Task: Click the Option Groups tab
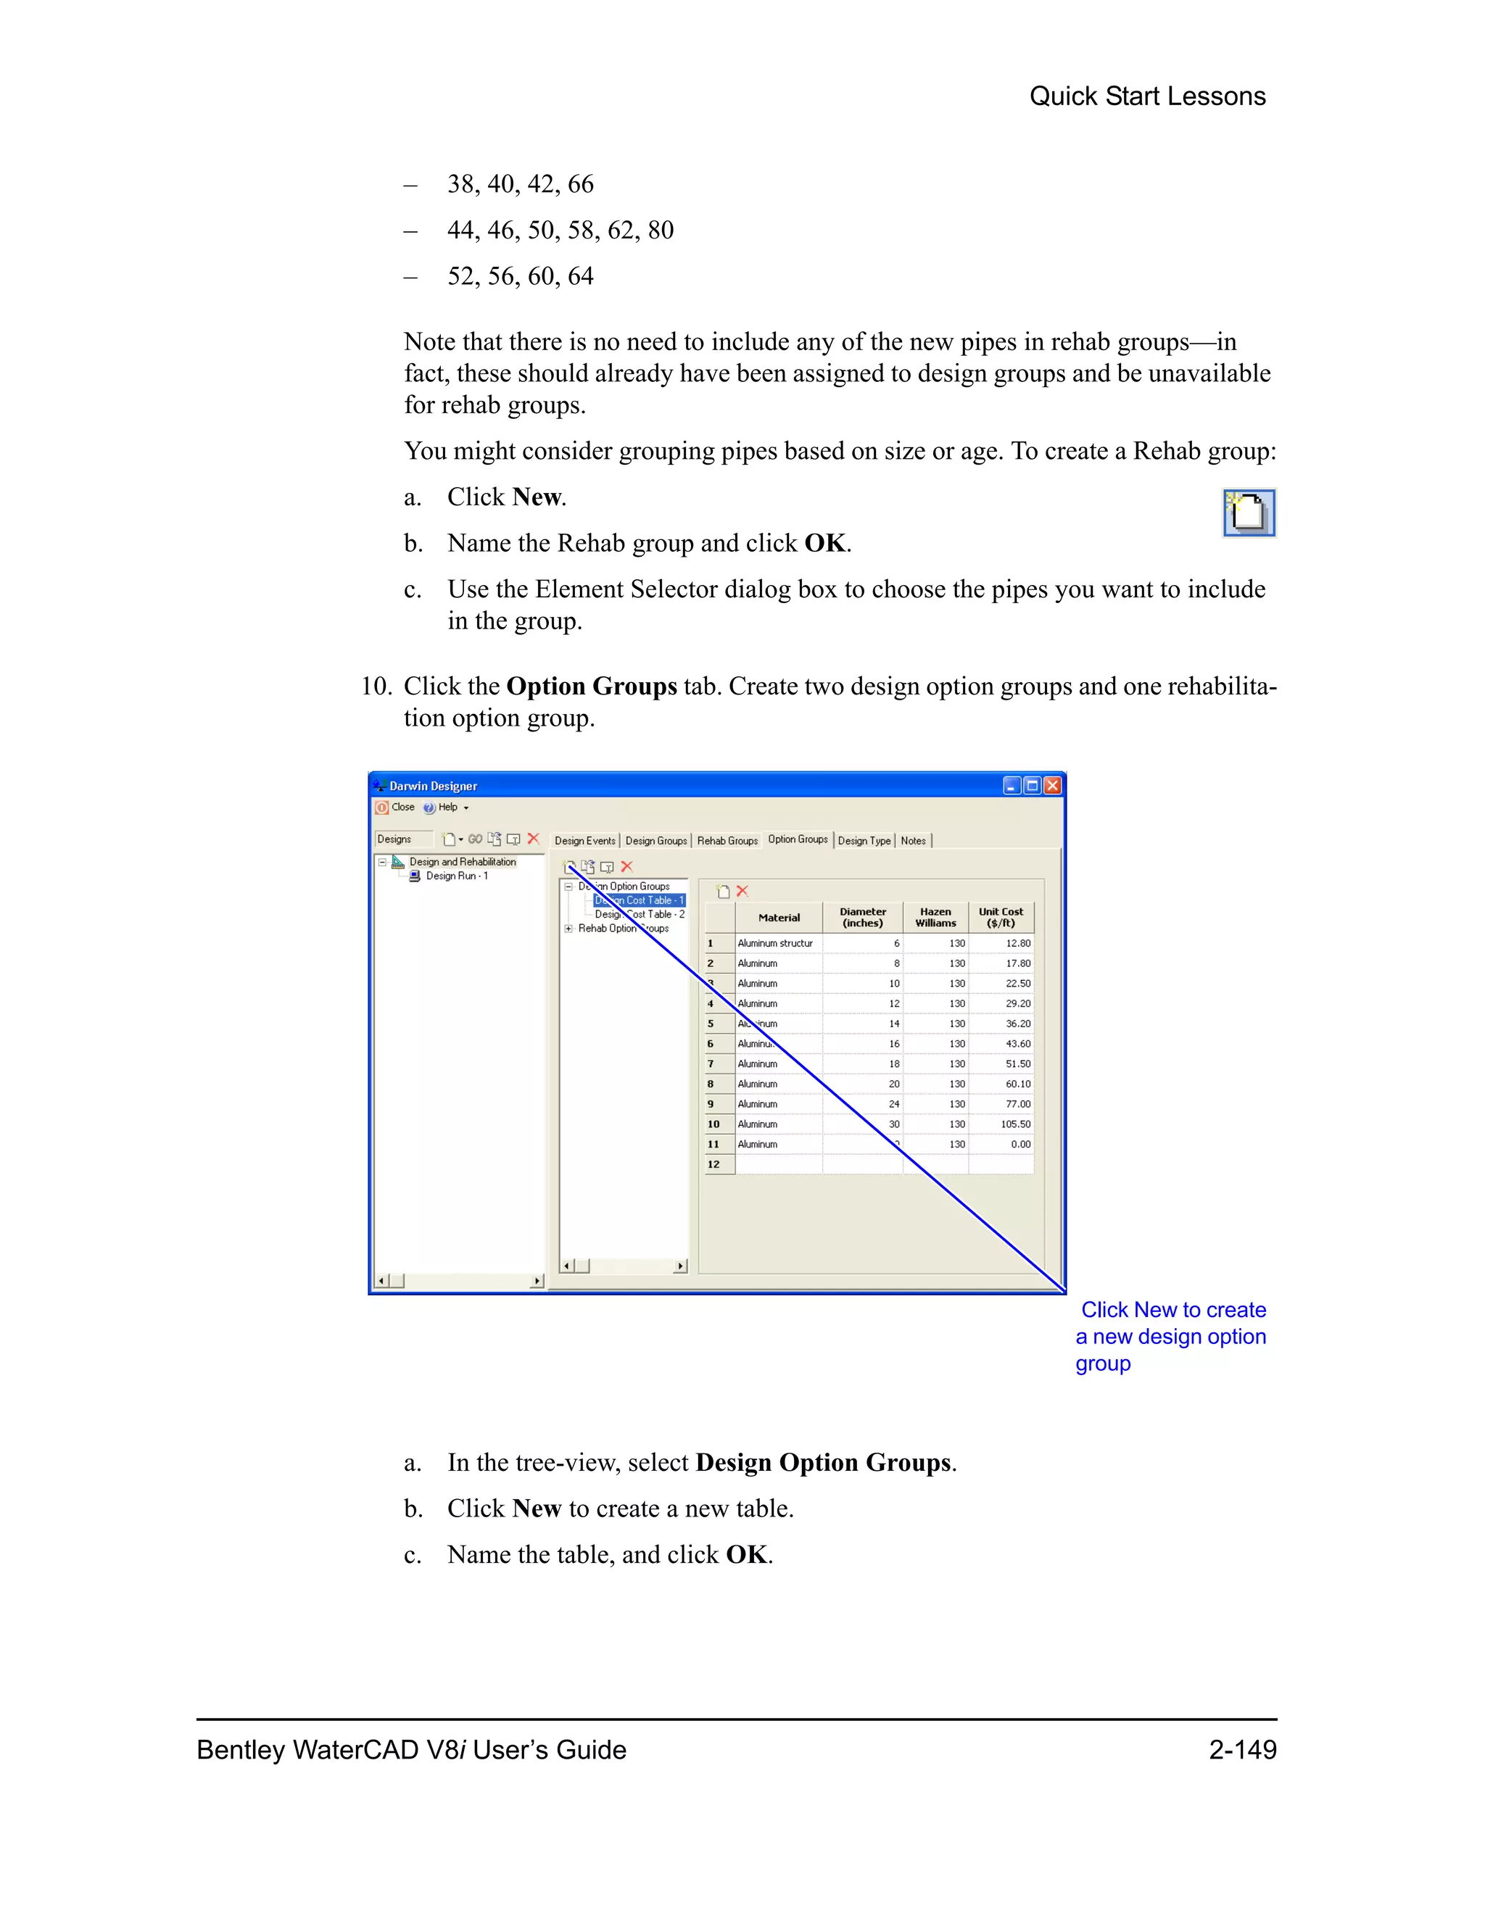(x=797, y=839)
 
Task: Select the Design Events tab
(x=584, y=841)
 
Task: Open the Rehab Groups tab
(x=727, y=841)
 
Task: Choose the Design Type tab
(x=864, y=841)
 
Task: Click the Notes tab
(x=913, y=841)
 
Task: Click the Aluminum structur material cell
(x=775, y=943)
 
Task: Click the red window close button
(x=1052, y=786)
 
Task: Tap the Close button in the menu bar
(x=395, y=808)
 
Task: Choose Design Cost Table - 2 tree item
(x=639, y=915)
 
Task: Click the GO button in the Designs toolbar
(x=475, y=839)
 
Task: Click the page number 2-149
(x=1242, y=1749)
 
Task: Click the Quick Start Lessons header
(x=1147, y=96)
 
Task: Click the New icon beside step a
(x=1249, y=513)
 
